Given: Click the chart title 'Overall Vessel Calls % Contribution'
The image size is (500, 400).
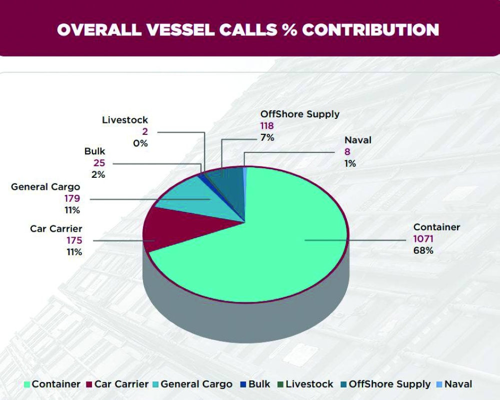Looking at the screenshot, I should [x=248, y=29].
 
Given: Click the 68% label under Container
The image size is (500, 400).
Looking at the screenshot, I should [x=423, y=250].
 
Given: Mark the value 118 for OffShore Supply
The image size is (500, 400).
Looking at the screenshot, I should [x=266, y=126].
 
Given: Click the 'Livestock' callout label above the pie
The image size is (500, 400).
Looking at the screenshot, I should [x=125, y=120].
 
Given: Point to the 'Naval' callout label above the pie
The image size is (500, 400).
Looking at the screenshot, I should [x=358, y=140].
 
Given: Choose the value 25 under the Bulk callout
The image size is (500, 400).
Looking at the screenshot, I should [x=98, y=163].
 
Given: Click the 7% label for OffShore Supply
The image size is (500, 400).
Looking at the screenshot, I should [x=267, y=137].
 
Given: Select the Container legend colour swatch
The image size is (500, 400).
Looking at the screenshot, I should [x=27, y=385].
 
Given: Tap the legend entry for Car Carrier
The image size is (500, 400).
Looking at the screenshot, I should [x=117, y=385].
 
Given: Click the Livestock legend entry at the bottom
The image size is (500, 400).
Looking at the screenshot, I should [x=304, y=385].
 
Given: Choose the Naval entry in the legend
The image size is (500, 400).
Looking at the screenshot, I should [x=454, y=385].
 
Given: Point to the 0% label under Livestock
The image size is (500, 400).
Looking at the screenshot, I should [x=140, y=143].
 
